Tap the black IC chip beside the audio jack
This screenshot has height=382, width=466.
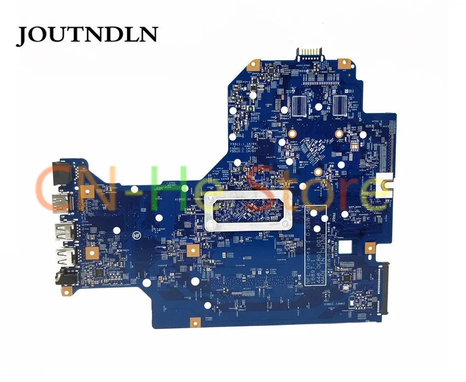[x=100, y=272]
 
